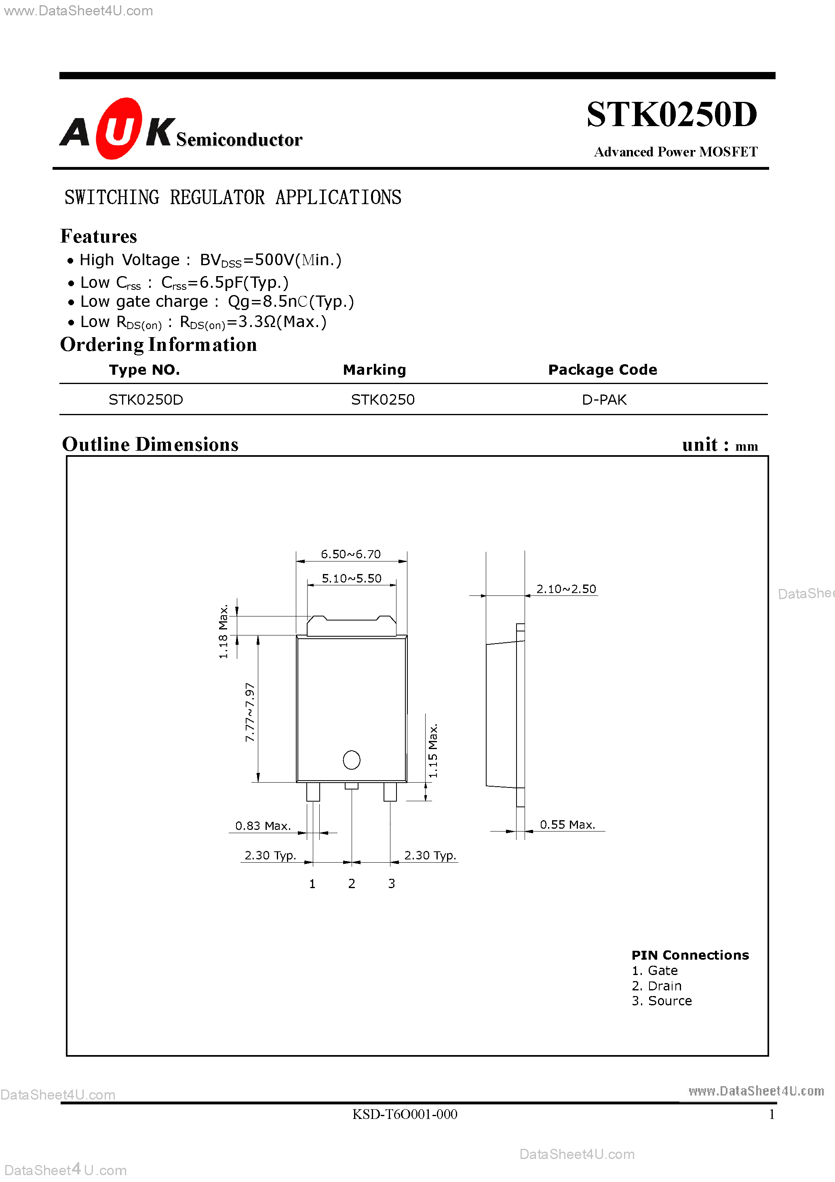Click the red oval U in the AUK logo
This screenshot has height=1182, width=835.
click(x=119, y=129)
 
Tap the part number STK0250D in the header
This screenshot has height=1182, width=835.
click(x=671, y=114)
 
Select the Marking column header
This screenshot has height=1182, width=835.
click(x=374, y=369)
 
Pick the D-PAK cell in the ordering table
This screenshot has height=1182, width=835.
click(x=604, y=400)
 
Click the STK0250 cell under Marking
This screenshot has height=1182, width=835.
click(x=382, y=400)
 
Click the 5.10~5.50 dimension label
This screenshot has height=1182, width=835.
click(x=352, y=578)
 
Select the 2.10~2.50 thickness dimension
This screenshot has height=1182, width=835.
click(x=566, y=589)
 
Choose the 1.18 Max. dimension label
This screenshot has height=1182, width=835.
click(x=223, y=632)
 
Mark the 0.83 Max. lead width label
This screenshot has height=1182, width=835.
click(x=263, y=826)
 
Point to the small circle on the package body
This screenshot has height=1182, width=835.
click(x=352, y=760)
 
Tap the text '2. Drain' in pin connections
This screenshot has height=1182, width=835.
click(x=656, y=986)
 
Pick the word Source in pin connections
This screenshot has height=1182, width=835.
click(x=670, y=1001)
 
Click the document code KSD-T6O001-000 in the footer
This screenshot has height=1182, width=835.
click(x=405, y=1114)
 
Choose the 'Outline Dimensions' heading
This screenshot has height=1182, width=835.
click(x=150, y=444)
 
